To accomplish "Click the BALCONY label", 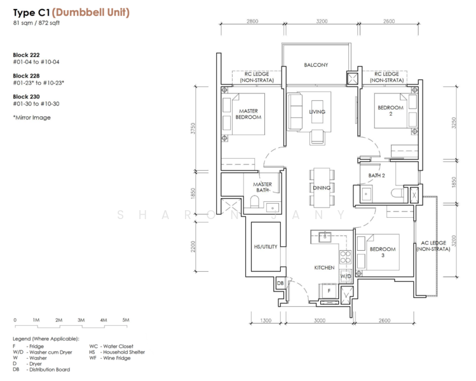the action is pos(316,65).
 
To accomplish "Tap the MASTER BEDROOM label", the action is pos(248,114).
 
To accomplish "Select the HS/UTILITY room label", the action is pos(266,246).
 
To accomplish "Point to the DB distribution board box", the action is pos(280,283).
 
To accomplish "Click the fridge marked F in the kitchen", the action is pos(329,291).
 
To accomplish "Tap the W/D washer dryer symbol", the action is pos(346,276).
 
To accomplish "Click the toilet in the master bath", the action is pos(254,201).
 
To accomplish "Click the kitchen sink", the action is pos(325,237).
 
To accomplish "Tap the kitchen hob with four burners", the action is pos(346,257).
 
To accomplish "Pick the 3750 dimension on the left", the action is pos(193,128).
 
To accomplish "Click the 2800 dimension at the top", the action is pos(252,21).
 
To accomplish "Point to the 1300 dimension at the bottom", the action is pos(266,320).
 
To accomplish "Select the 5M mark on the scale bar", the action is pos(126,320).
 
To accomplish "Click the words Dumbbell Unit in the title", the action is pos(91,12).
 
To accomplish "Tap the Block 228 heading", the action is pos(26,76).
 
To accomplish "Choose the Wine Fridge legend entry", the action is pos(109,358).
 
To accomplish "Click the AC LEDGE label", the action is pos(433,243).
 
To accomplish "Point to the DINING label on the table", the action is pos(322,188).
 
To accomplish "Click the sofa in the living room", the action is pos(295,112).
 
